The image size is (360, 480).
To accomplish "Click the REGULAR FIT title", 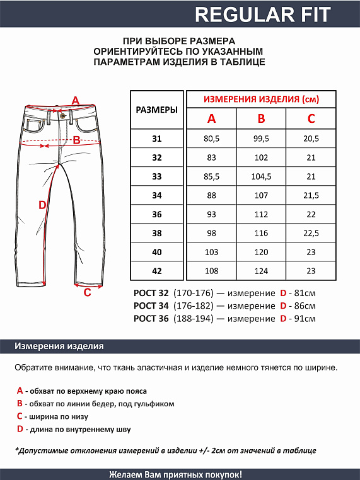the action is coord(262,14).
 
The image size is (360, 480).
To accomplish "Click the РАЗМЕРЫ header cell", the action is coord(157,110).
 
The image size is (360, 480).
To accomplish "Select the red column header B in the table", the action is coord(261,119).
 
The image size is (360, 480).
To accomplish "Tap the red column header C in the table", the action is coord(311,119).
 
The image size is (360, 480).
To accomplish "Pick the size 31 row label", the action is coord(157,139).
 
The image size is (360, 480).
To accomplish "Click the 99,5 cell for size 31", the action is coord(261,139).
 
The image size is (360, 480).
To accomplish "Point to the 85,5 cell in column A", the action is coord(211,176).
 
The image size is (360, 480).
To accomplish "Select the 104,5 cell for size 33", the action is coord(261,176).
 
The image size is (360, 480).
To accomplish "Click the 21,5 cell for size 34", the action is coord(311,195).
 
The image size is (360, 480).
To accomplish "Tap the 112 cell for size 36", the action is coord(261,214).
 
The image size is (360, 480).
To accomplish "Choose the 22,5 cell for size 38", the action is coord(311,233).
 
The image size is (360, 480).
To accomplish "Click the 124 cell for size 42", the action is coord(261,271).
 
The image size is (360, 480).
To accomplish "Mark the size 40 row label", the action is coord(157,252).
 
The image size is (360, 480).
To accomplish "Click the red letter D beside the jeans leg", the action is coord(42,205).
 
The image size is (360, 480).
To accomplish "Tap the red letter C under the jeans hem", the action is coord(88,292).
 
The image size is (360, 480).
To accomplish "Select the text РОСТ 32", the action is coord(151,293).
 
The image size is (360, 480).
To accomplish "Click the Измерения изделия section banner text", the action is coord(59,346).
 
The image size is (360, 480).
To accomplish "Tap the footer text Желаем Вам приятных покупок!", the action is coord(180,474).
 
